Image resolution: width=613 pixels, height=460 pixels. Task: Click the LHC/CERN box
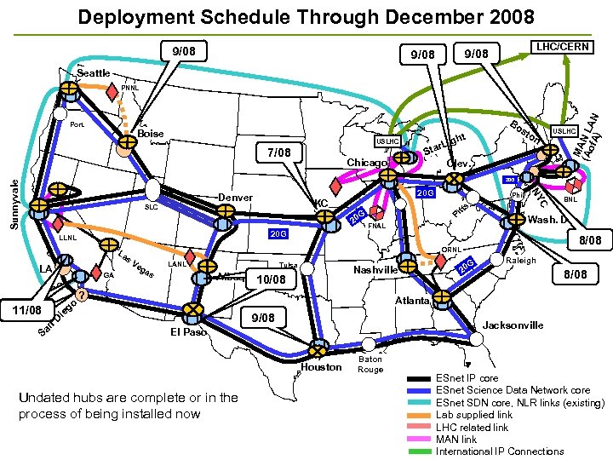561,47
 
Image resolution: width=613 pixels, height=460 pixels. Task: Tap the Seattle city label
94,73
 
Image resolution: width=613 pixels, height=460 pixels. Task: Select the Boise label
151,135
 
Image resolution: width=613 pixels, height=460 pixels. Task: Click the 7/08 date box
278,153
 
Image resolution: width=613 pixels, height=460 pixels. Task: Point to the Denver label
235,198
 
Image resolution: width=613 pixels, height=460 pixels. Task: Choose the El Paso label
188,332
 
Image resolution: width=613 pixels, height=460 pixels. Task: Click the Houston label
322,367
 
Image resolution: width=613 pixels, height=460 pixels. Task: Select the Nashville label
375,270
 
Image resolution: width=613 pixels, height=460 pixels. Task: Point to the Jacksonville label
513,325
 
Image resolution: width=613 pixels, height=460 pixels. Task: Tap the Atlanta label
411,301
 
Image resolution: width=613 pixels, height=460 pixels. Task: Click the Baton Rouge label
370,364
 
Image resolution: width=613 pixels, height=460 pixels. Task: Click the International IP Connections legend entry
500,451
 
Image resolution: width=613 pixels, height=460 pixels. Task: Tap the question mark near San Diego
80,296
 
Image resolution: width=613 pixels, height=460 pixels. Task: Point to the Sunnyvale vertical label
13,202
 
